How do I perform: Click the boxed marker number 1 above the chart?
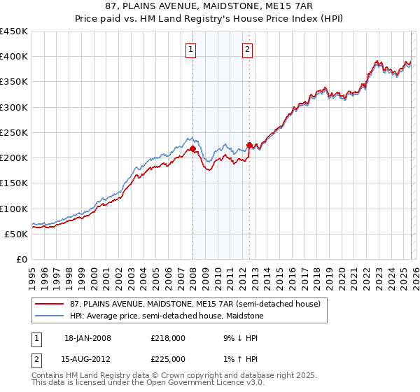[x=191, y=49]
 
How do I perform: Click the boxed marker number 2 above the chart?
[x=248, y=49]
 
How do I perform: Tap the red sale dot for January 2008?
[x=192, y=149]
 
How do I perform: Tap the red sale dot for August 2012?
[x=249, y=146]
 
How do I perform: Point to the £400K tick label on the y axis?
[x=14, y=57]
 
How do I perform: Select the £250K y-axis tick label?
[x=14, y=132]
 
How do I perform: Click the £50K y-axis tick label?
[x=17, y=234]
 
